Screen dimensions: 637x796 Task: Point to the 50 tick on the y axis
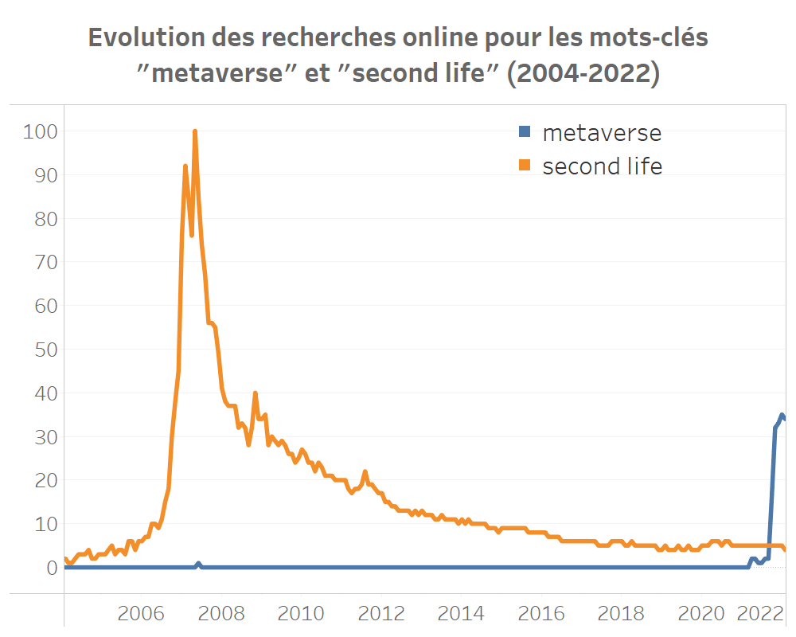point(44,349)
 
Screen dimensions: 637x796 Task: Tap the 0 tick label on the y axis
point(52,568)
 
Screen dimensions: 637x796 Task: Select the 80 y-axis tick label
point(44,218)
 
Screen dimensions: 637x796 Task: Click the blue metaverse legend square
point(524,131)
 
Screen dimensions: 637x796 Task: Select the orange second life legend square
point(524,166)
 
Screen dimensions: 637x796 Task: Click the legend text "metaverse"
point(602,132)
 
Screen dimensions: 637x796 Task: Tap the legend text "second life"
point(602,166)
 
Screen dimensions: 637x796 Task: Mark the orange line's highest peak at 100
point(195,131)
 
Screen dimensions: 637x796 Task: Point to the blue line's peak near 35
point(782,415)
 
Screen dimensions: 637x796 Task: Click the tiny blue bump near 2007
point(198,564)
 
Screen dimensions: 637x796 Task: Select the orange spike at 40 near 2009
point(255,393)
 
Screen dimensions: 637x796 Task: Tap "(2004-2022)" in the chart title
point(584,73)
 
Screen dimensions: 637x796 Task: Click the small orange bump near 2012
point(365,472)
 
